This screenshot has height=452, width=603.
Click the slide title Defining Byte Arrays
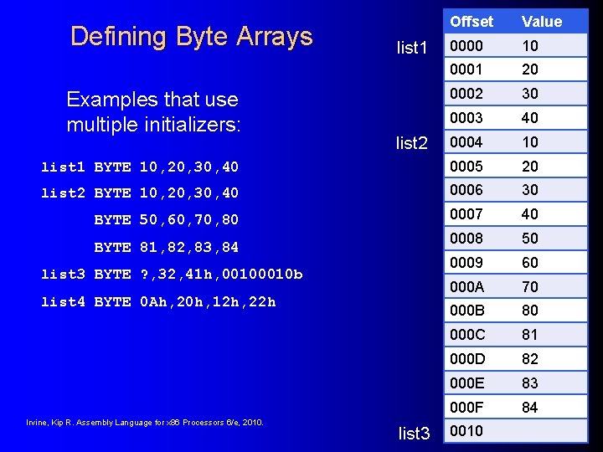tap(191, 36)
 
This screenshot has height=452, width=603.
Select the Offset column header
tap(472, 21)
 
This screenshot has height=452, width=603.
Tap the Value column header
tap(542, 21)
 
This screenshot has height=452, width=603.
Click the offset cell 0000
tap(466, 45)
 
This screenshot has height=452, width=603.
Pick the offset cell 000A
tap(466, 286)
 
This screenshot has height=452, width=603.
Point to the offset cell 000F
tap(466, 407)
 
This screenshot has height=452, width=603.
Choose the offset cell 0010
tap(466, 431)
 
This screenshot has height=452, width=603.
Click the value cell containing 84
tap(530, 407)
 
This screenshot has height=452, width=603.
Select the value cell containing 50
tap(530, 238)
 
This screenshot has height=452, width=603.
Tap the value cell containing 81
tap(530, 335)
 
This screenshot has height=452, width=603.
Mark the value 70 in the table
tap(530, 286)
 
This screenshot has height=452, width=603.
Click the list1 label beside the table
tap(412, 48)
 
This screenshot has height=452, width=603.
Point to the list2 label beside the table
tap(412, 143)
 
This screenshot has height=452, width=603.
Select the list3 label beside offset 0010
tap(414, 433)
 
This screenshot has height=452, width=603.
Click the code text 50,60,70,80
tap(189, 220)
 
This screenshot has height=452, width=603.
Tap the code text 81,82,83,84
tap(189, 247)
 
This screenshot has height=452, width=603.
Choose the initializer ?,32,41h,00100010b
tap(221, 275)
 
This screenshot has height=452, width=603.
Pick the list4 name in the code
tap(64, 301)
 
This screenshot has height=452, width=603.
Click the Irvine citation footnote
tap(145, 422)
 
